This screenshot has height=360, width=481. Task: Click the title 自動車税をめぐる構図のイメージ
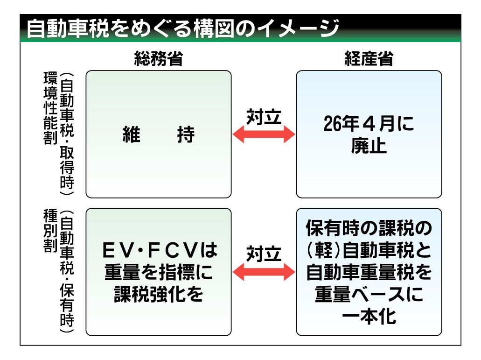click(181, 29)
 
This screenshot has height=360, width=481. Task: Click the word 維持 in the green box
click(158, 135)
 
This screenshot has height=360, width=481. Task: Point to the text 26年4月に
click(369, 125)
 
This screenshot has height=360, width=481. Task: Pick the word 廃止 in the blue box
click(369, 147)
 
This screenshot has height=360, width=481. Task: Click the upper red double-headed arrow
click(264, 135)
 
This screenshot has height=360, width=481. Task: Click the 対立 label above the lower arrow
click(264, 254)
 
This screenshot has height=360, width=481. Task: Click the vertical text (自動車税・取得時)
click(66, 134)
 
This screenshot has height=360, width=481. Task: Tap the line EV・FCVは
click(158, 251)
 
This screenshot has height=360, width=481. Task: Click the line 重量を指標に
click(158, 272)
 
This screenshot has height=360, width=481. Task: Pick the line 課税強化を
click(158, 294)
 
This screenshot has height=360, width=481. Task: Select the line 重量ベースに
click(369, 295)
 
